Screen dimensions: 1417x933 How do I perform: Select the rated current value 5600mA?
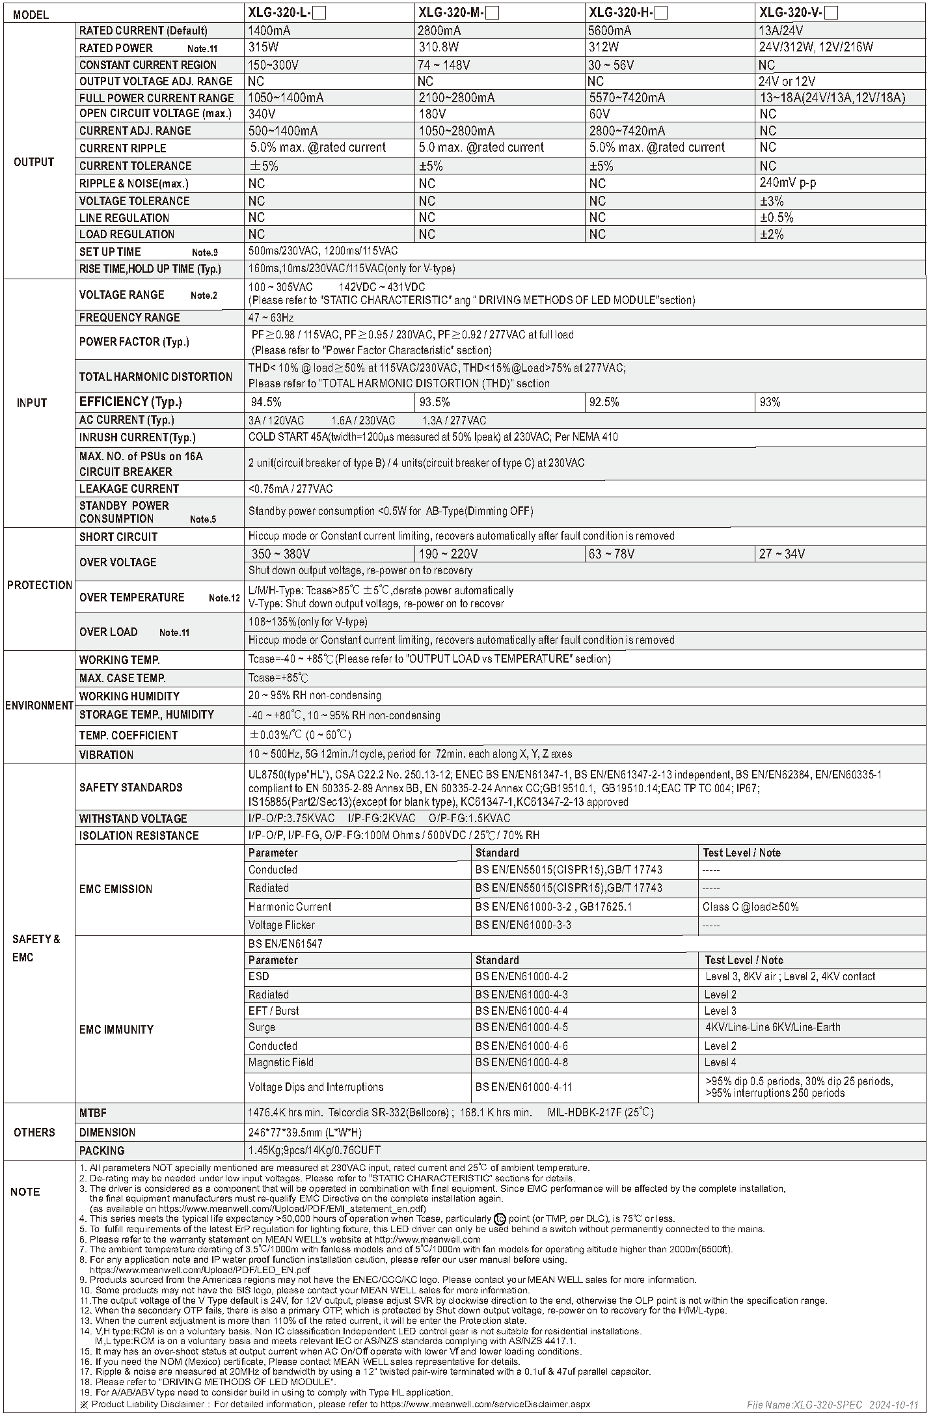click(610, 31)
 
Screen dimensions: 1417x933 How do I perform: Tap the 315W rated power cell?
click(263, 48)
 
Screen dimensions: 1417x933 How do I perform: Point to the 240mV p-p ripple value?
click(787, 183)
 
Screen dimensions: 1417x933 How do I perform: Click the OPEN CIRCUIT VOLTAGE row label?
click(155, 114)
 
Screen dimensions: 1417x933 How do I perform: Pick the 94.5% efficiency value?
click(266, 402)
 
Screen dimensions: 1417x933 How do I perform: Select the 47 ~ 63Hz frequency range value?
click(271, 318)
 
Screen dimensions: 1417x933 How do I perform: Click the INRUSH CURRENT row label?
click(137, 437)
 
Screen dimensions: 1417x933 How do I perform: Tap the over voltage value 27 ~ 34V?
click(781, 554)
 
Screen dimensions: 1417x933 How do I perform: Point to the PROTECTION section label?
click(39, 585)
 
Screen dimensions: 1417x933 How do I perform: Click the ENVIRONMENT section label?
click(39, 706)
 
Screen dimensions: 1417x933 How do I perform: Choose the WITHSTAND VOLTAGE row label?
click(133, 819)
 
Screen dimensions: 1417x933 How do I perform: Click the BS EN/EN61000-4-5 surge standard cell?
click(521, 1027)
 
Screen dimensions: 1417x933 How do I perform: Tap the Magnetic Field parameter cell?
click(280, 1062)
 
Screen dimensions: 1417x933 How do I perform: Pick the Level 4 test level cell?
click(720, 1062)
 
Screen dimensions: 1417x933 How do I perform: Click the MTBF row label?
click(92, 1113)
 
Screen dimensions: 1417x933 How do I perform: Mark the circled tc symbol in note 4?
click(500, 1218)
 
